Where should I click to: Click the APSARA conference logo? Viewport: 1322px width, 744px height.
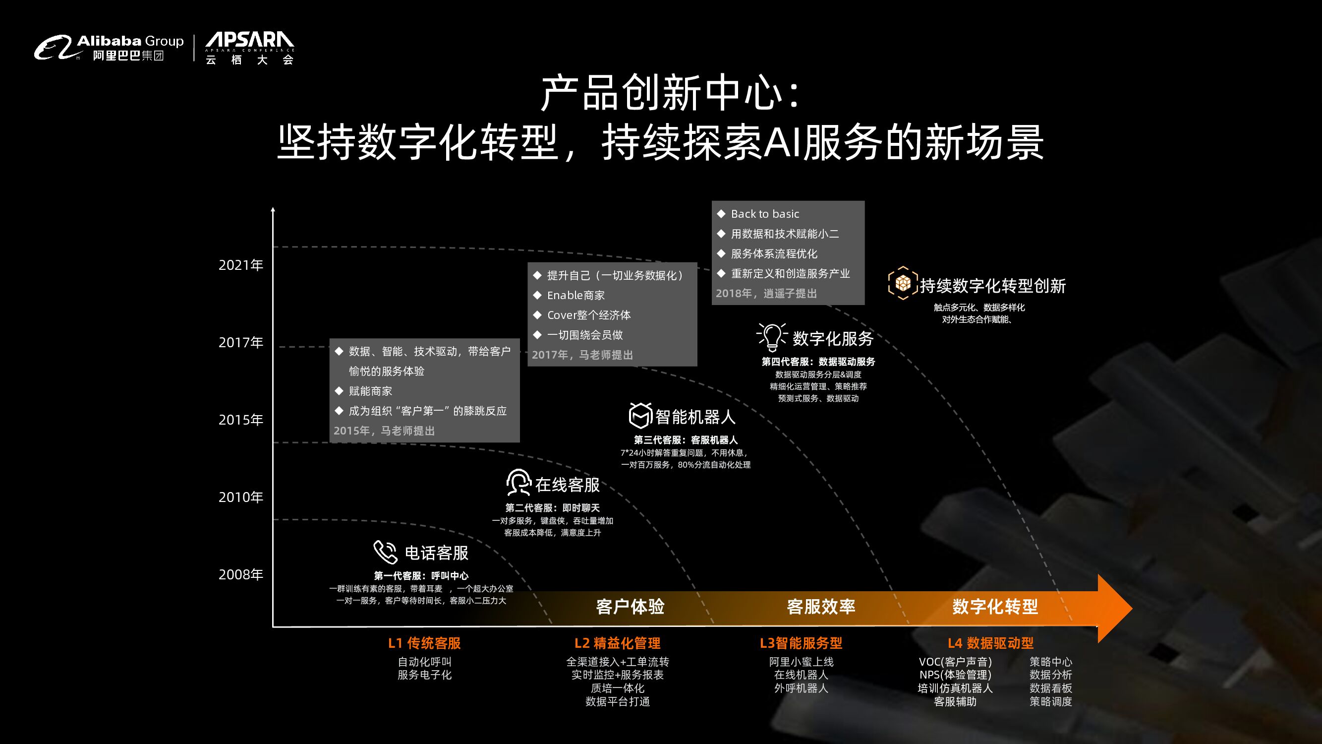[x=249, y=48]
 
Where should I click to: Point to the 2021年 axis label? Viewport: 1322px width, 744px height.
[x=241, y=265]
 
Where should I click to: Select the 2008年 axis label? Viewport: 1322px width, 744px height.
[x=241, y=574]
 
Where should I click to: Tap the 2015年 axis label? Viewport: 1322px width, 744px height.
[x=241, y=420]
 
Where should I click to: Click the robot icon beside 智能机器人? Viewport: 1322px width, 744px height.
[x=640, y=415]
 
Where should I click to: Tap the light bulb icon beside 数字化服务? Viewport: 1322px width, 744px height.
[x=771, y=337]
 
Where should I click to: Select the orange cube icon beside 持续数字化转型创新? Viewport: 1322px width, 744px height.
[x=902, y=283]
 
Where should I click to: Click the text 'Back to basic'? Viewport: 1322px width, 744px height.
[x=765, y=214]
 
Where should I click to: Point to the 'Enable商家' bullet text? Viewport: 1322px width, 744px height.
[x=576, y=295]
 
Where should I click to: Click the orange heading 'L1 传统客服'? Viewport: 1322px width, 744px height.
[x=424, y=643]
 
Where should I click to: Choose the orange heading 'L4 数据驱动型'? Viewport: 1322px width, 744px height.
[x=990, y=643]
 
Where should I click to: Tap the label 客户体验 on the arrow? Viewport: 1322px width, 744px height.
[x=630, y=607]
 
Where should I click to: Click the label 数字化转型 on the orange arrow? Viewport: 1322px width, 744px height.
[x=994, y=607]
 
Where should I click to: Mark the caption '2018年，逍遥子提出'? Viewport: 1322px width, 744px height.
[x=766, y=294]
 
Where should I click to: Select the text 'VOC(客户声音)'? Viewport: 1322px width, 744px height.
[x=955, y=662]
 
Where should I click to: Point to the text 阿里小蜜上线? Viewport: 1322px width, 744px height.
[x=801, y=662]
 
